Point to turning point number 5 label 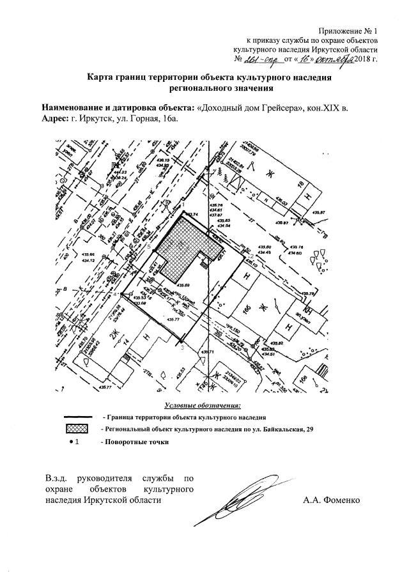(149, 246)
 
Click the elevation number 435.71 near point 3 (210, 352)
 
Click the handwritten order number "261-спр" (262, 59)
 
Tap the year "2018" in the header (361, 59)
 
